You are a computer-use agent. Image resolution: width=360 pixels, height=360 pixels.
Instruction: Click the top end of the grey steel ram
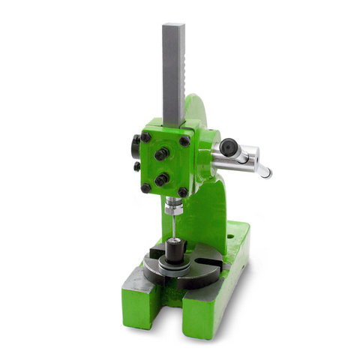(173, 26)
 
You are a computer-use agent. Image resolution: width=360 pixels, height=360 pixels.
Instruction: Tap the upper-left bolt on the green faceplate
(145, 137)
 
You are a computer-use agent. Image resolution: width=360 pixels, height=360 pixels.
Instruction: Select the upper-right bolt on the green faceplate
(184, 141)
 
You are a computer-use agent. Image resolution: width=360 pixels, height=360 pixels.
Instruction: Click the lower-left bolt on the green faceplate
(145, 188)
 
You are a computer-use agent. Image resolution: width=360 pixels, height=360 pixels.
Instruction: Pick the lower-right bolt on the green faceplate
(182, 193)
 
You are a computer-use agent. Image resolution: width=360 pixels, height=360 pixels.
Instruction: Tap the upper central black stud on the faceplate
(161, 154)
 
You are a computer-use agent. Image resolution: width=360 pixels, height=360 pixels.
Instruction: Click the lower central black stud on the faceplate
(161, 179)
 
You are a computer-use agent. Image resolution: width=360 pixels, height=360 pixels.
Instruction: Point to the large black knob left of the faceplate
(136, 142)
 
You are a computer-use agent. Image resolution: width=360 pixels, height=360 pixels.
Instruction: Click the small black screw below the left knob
(136, 166)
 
